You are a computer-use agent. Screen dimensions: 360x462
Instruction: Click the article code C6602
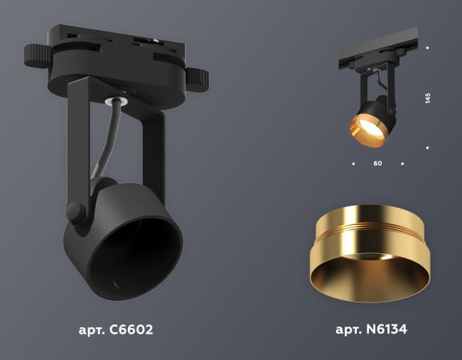[116, 330]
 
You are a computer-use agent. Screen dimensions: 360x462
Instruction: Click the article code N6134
[371, 330]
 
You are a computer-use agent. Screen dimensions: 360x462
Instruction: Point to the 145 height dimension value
[428, 98]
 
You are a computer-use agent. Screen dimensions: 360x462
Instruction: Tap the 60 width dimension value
[377, 164]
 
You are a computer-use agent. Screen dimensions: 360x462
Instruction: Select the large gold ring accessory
[368, 253]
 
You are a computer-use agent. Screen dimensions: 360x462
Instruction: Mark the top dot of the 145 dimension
[427, 48]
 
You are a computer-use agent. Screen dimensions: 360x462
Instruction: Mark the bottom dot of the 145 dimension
[427, 148]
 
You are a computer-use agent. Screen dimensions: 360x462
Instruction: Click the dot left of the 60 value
[353, 164]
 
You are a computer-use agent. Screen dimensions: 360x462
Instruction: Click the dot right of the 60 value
[402, 164]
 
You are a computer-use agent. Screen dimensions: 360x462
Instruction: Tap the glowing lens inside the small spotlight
[367, 126]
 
